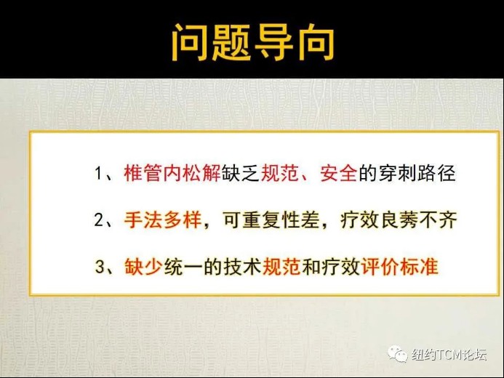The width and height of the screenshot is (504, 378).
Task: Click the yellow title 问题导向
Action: pyautogui.click(x=253, y=42)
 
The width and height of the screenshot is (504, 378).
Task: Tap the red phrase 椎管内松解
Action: pyautogui.click(x=172, y=174)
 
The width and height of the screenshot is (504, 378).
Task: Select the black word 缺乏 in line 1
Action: pyautogui.click(x=241, y=174)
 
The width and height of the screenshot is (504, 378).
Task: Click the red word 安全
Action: pyautogui.click(x=339, y=174)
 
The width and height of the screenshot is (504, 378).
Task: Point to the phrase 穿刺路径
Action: pyautogui.click(x=417, y=174)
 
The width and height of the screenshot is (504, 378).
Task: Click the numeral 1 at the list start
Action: pyautogui.click(x=98, y=174)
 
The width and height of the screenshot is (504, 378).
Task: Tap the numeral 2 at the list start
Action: pyautogui.click(x=98, y=220)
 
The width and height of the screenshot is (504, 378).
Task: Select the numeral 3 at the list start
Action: pyautogui.click(x=100, y=267)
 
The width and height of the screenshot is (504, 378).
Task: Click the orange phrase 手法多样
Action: pyautogui.click(x=163, y=220)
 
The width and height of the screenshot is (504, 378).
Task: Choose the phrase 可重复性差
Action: pyautogui.click(x=271, y=220)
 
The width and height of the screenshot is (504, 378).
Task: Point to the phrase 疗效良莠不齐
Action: pyautogui.click(x=399, y=220)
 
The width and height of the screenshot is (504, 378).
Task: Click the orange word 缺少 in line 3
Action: pyautogui.click(x=143, y=267)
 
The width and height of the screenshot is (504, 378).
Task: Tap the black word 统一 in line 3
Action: pyautogui.click(x=183, y=267)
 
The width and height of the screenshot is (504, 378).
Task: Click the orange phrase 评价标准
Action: pyautogui.click(x=400, y=267)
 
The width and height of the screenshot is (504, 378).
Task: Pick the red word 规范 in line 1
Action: pyautogui.click(x=280, y=174)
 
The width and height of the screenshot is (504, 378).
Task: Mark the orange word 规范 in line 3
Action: pyautogui.click(x=281, y=267)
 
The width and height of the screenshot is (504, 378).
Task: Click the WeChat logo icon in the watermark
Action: pyautogui.click(x=397, y=354)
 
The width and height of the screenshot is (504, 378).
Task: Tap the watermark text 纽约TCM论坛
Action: pyautogui.click(x=449, y=355)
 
